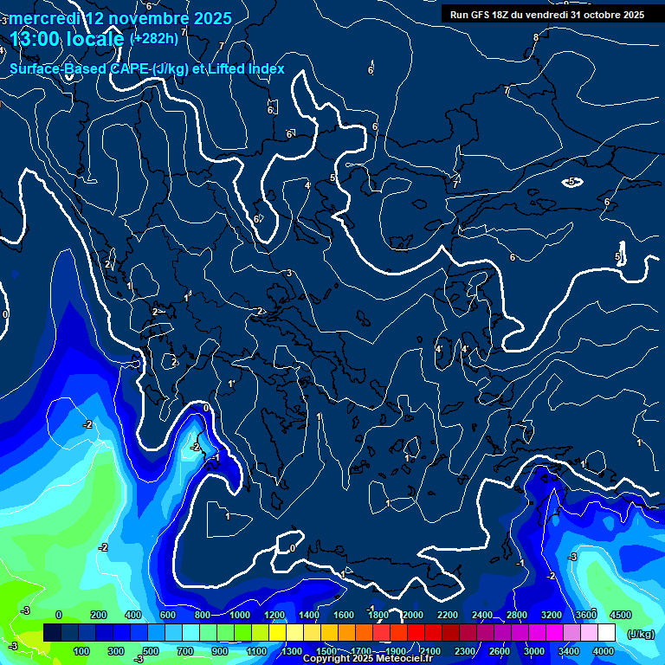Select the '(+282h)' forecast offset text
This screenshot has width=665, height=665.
click(x=153, y=38)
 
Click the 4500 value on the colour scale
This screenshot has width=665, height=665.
click(x=620, y=615)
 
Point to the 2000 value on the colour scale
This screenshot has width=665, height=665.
click(x=413, y=615)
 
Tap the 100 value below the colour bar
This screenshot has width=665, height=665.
click(x=82, y=651)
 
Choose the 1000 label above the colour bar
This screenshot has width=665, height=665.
click(x=240, y=615)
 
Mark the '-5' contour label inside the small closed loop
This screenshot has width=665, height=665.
click(x=571, y=182)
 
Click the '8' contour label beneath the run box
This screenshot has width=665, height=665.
click(x=536, y=37)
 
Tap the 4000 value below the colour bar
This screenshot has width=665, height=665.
click(x=604, y=651)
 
